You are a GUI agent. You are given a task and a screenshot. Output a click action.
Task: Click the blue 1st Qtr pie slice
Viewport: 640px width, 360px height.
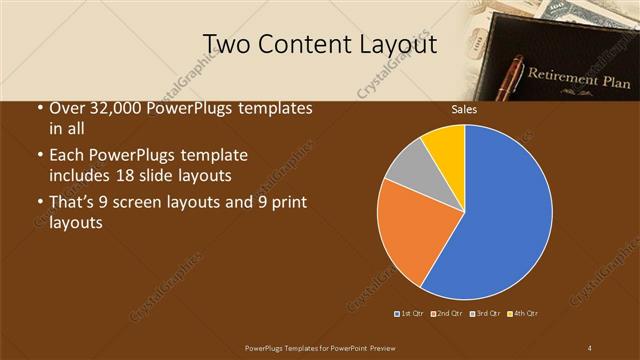point(500,220)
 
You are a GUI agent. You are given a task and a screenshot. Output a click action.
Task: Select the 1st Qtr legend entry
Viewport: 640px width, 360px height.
point(410,314)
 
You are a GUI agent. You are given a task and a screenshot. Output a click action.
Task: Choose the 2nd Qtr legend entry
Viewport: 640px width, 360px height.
point(448,314)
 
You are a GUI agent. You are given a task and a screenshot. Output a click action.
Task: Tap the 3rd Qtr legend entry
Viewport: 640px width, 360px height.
point(487,314)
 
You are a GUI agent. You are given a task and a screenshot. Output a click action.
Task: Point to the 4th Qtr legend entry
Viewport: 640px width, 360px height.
point(525,314)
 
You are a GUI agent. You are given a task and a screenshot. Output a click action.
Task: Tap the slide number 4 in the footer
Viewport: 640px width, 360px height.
point(590,347)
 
